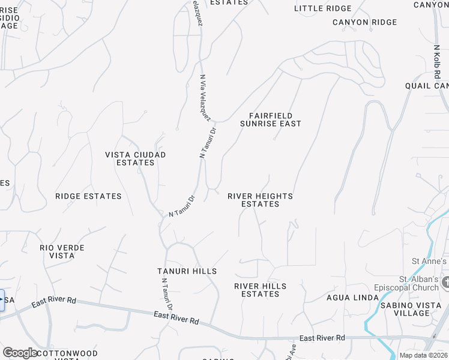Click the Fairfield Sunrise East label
(270, 119)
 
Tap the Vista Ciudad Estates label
(135, 158)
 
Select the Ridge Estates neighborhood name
(88, 196)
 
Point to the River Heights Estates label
(260, 200)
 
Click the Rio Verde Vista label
(62, 251)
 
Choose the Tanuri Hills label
(187, 271)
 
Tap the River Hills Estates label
(260, 290)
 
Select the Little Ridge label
(323, 8)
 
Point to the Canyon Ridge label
(365, 22)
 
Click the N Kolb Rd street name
(438, 61)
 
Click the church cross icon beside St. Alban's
(445, 282)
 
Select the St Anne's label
(429, 261)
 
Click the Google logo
(19, 353)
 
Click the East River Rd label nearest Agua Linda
(322, 338)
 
